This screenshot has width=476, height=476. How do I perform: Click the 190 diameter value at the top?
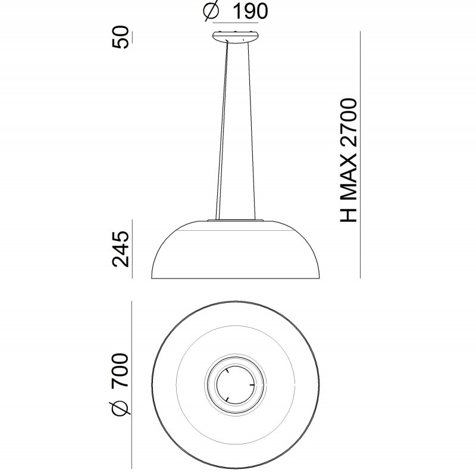(x=250, y=11)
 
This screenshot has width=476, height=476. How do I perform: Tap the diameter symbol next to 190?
(x=211, y=11)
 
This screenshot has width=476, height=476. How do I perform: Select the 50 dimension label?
(x=121, y=37)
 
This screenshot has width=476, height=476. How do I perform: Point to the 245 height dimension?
(x=121, y=249)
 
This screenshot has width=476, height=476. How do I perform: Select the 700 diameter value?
(x=121, y=370)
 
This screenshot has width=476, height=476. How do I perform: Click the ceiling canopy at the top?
(x=236, y=37)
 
